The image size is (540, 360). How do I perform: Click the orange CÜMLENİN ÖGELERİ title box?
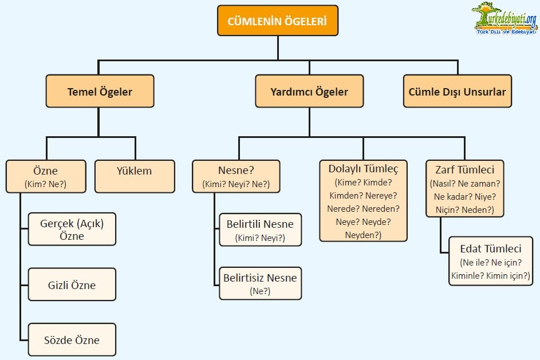click(277, 21)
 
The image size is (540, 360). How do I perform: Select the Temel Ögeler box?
click(100, 92)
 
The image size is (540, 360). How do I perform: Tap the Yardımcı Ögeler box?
click(309, 92)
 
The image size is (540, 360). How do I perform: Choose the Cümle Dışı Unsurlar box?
click(457, 92)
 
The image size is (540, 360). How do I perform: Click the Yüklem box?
click(135, 171)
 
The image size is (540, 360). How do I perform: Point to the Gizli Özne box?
click(72, 284)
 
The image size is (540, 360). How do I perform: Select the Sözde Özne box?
click(72, 340)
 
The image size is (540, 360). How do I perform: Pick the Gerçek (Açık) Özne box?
click(72, 229)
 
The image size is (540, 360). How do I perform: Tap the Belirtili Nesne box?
click(260, 230)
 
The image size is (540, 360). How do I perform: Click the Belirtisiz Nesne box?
click(260, 283)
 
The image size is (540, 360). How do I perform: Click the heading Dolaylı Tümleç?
click(363, 169)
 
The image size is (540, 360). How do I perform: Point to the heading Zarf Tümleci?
click(464, 169)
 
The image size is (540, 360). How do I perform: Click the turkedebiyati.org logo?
click(504, 18)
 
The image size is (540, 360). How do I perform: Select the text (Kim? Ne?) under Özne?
click(46, 184)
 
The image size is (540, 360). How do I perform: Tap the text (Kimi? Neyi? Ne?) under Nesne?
click(236, 184)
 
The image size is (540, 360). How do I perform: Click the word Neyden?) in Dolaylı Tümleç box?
click(363, 235)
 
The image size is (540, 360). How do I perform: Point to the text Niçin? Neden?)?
click(464, 209)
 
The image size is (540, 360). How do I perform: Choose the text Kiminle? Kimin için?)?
click(490, 276)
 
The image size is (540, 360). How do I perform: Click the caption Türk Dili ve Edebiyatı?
click(507, 31)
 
